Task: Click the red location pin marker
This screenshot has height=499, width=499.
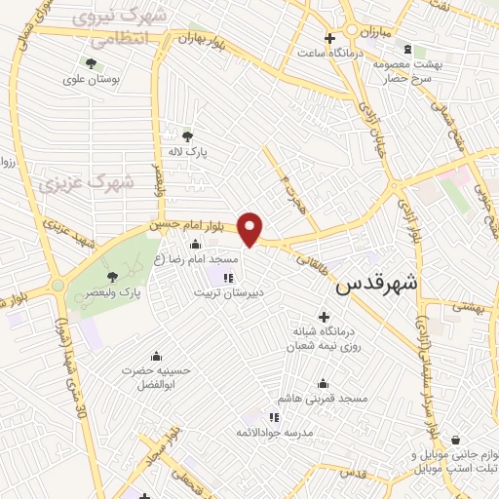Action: pos(251,229)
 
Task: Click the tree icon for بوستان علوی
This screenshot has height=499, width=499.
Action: pos(91,64)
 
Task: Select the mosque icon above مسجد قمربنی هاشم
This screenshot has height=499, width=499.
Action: pos(323,384)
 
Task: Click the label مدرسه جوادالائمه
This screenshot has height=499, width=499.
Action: pos(274,431)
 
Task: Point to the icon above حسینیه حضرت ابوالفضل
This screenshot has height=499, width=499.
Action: pos(154,357)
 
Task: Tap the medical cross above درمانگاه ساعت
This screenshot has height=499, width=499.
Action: pos(331,38)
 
